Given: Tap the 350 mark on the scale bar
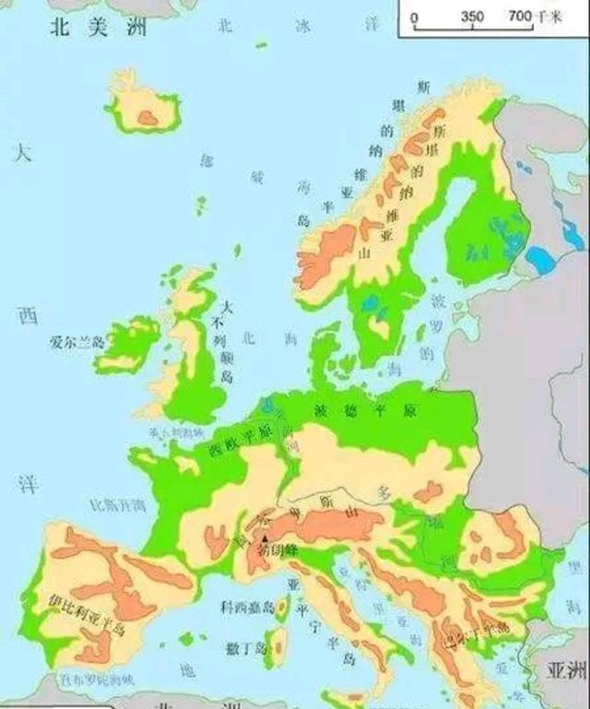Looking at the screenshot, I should [472, 17].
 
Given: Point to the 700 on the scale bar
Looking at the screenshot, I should [520, 17].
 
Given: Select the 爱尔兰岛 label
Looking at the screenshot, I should [80, 341].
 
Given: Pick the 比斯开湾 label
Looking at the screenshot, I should [117, 504].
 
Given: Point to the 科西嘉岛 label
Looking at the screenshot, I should [248, 607].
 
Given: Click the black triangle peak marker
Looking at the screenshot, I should [265, 538].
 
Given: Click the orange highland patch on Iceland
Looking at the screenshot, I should [147, 115].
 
